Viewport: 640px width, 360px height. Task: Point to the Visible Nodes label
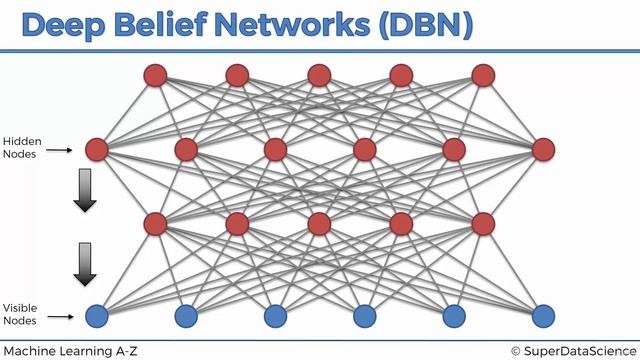point(21,314)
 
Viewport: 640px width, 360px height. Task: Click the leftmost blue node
point(97,317)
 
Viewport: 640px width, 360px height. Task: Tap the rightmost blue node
point(543,317)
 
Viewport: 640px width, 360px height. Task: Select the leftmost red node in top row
point(155,74)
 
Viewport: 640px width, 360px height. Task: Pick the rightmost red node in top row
point(484,74)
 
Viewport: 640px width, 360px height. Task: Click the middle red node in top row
point(319,74)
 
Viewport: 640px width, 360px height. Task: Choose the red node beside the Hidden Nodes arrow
point(97,150)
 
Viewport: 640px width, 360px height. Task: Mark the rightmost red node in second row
point(543,150)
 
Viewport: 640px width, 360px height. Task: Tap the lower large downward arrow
point(85,264)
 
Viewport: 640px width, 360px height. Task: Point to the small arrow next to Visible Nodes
point(60,317)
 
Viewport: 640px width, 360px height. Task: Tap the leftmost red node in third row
point(155,222)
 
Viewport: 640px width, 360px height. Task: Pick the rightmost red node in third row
point(484,222)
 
